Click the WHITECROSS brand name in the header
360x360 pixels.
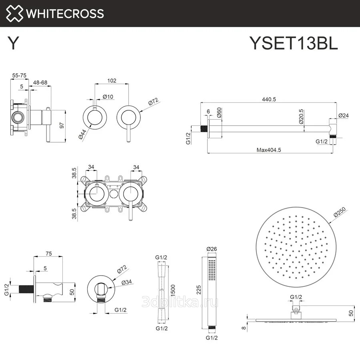click(x=64, y=13)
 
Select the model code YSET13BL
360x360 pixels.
click(x=294, y=43)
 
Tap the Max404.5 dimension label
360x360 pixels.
click(x=269, y=150)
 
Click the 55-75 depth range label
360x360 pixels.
click(x=19, y=75)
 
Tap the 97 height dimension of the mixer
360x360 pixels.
click(x=62, y=124)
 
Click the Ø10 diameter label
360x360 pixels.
click(x=107, y=96)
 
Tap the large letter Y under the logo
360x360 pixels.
click(x=13, y=43)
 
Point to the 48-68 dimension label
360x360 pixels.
click(x=40, y=82)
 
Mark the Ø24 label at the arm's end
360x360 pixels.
click(x=343, y=115)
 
